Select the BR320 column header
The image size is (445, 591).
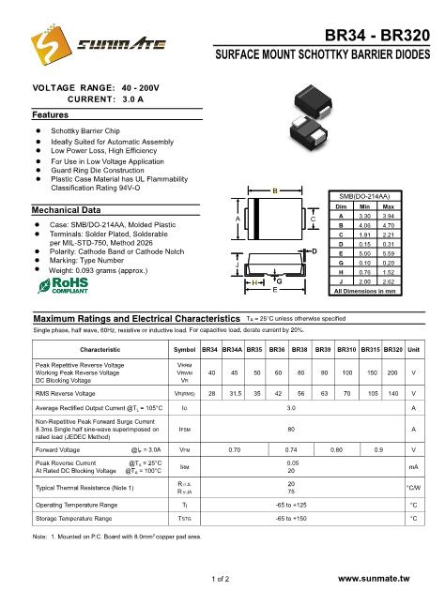(392, 349)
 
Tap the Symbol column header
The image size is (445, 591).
(184, 349)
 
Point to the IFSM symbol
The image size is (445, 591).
(184, 429)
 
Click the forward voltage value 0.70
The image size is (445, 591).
(235, 449)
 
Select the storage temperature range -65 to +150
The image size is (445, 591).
(298, 517)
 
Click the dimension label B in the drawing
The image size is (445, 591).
(273, 191)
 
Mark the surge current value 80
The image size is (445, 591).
(298, 429)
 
